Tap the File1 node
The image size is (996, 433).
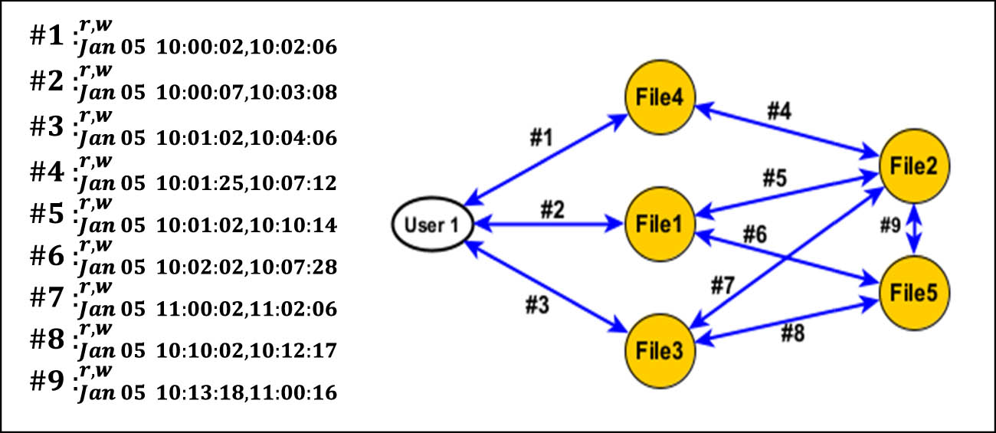pos(659,224)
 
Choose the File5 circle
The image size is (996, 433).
pos(914,293)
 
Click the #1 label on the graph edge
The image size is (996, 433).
pos(542,138)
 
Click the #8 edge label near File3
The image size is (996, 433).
pos(793,334)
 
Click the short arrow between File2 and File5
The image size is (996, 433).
pos(914,228)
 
